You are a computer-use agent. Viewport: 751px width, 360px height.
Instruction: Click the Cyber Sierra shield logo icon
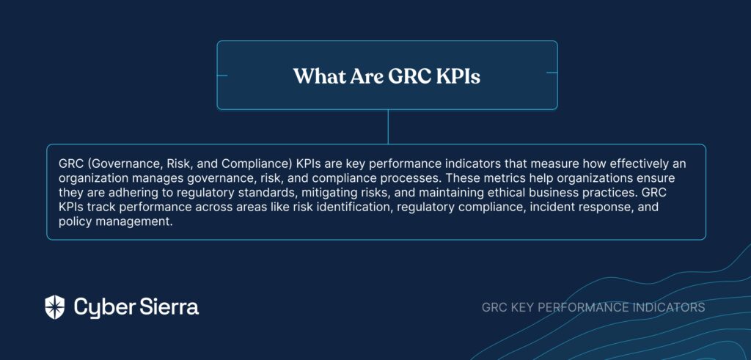click(x=54, y=307)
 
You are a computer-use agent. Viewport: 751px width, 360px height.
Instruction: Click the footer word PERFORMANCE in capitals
click(x=582, y=307)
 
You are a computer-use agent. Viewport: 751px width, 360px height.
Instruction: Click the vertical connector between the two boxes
click(x=388, y=127)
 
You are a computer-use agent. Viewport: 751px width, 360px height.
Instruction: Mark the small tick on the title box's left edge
click(x=222, y=76)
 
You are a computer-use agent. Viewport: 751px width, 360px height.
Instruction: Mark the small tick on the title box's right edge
click(x=552, y=73)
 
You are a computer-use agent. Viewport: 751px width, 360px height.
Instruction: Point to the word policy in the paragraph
click(x=73, y=223)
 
